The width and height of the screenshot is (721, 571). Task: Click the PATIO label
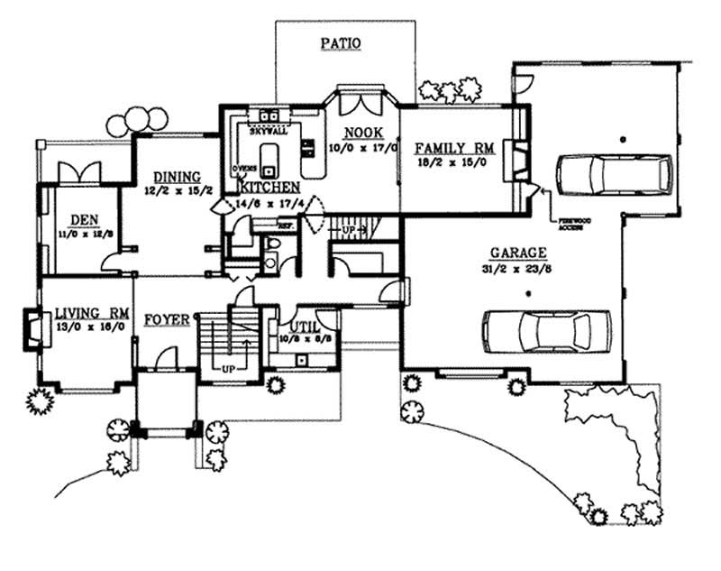(340, 42)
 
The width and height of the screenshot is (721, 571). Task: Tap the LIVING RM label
(90, 313)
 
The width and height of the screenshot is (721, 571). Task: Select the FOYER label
(166, 319)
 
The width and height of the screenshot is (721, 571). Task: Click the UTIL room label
(301, 327)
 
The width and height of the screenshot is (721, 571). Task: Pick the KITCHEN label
(269, 187)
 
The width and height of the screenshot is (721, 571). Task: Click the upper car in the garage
(613, 173)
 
